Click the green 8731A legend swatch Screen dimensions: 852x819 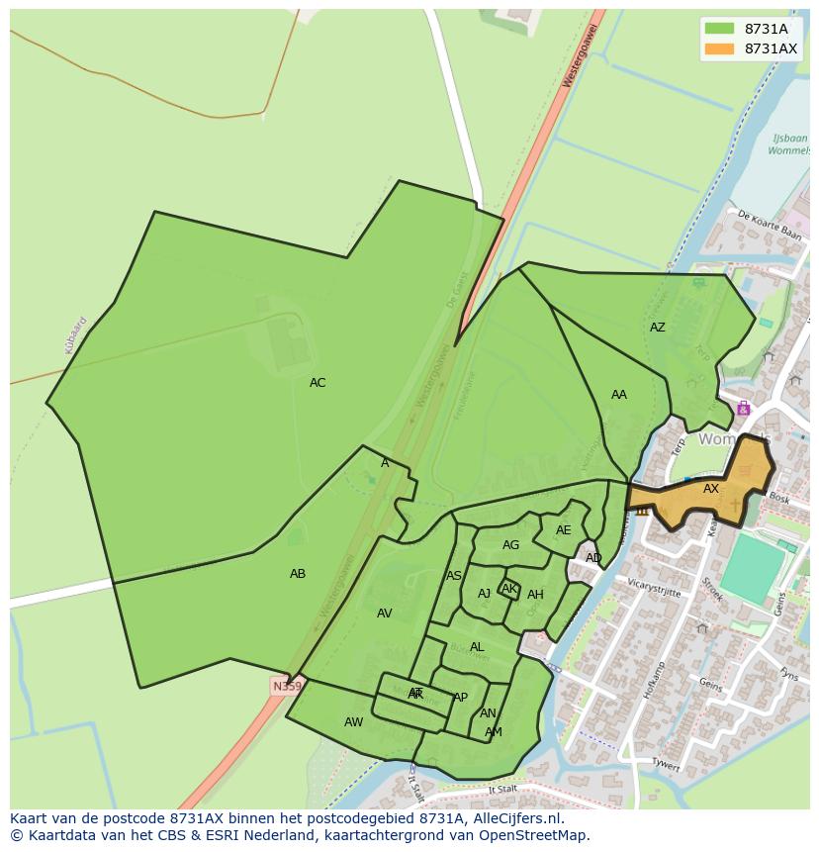[720, 30]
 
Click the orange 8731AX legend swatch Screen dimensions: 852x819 [720, 48]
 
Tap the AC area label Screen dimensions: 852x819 [318, 383]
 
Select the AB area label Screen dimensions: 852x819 [298, 574]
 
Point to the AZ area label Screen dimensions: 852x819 [658, 328]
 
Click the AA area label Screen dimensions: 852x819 [619, 395]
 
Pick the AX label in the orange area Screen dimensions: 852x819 [711, 489]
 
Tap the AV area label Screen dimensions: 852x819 [385, 614]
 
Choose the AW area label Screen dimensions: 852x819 [353, 722]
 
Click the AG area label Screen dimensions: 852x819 [510, 545]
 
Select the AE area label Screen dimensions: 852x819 [564, 530]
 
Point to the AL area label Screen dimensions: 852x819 [477, 647]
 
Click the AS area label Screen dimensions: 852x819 [454, 576]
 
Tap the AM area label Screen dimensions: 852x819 [494, 732]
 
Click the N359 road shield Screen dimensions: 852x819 [287, 686]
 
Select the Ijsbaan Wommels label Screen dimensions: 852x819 [789, 144]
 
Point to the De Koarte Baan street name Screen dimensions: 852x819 [770, 226]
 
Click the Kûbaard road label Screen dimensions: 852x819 [76, 334]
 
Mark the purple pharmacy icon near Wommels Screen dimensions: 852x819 [743, 409]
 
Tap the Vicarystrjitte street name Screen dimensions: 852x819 [655, 587]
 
